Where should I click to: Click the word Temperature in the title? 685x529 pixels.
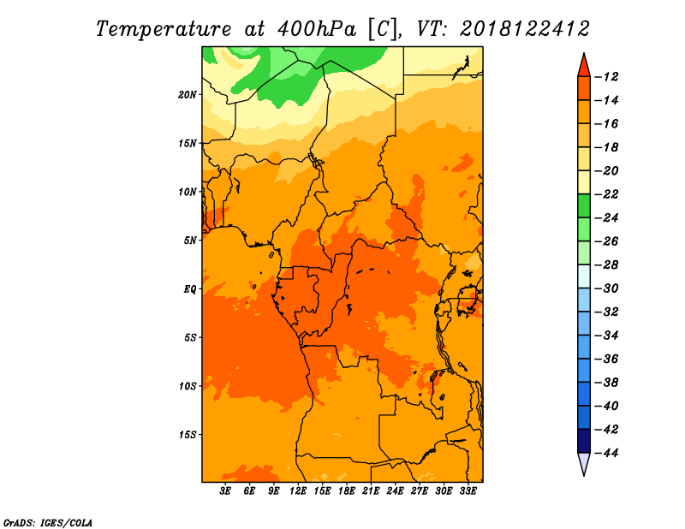coord(164,29)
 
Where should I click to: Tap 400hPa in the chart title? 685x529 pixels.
coord(316,29)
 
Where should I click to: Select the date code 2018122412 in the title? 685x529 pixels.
coord(525,29)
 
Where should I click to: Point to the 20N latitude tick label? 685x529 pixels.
coord(188,95)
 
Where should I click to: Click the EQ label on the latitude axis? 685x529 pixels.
coord(189,289)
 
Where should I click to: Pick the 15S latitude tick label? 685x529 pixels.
coord(188,435)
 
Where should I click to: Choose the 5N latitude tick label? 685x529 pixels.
coord(190,241)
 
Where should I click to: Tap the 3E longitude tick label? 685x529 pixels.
coord(225,491)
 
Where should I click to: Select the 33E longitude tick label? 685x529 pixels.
coord(468,491)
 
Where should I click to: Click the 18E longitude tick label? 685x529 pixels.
coord(347,491)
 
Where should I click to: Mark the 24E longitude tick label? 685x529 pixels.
coord(395,491)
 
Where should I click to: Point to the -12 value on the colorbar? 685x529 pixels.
coord(606,77)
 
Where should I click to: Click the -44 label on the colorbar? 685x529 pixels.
coord(606,453)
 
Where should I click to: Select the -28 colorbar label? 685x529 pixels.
coord(606,264)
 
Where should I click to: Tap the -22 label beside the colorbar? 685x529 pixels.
coord(606,194)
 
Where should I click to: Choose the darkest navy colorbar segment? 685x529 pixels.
coord(584,441)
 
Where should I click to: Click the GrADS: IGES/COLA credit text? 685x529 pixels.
coord(48,523)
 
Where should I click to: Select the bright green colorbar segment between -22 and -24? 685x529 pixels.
coord(584,206)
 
